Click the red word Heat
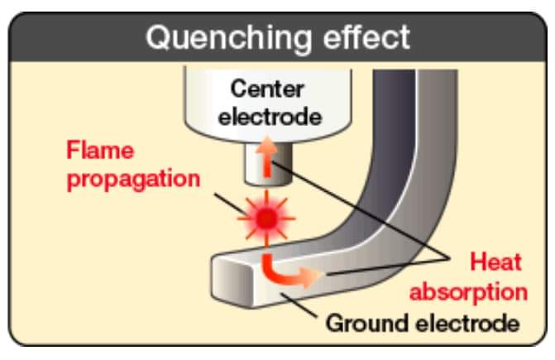(x=496, y=262)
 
